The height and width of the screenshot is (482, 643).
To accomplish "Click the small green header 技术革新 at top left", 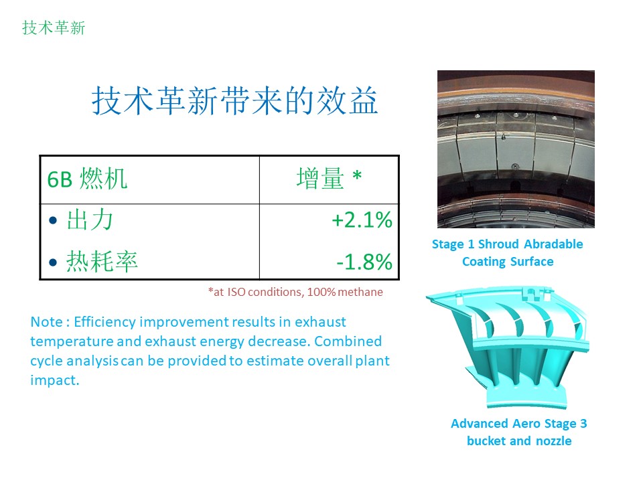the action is pyautogui.click(x=54, y=28).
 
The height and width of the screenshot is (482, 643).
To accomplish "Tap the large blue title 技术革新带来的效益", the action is pyautogui.click(x=234, y=101).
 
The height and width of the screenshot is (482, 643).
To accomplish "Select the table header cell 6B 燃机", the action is pyautogui.click(x=87, y=179).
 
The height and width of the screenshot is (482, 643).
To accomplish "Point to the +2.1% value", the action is pyautogui.click(x=362, y=220).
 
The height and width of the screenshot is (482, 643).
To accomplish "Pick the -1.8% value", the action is pyautogui.click(x=364, y=262).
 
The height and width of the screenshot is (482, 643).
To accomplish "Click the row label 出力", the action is pyautogui.click(x=90, y=220).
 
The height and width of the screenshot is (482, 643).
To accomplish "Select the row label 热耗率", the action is pyautogui.click(x=102, y=262).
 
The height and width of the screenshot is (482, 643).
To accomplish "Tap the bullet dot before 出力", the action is pyautogui.click(x=53, y=220).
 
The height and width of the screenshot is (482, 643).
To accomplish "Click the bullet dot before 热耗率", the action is pyautogui.click(x=53, y=262).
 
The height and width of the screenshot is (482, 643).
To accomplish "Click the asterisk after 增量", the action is pyautogui.click(x=357, y=175).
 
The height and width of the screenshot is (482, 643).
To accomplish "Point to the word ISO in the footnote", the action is pyautogui.click(x=236, y=292).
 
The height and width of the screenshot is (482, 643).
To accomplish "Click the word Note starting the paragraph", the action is pyautogui.click(x=46, y=322).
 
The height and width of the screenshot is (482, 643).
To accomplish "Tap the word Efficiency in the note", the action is pyautogui.click(x=104, y=322).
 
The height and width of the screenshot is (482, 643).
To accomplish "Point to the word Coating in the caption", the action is pyautogui.click(x=484, y=262).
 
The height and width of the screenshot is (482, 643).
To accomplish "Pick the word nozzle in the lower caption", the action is pyautogui.click(x=554, y=441).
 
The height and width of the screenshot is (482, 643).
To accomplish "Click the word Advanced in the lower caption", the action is pyautogui.click(x=480, y=423).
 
